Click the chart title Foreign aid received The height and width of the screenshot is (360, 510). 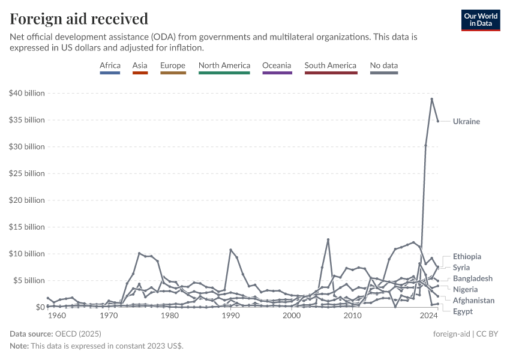tap(79, 19)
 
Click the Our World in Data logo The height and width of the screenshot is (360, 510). tap(480, 20)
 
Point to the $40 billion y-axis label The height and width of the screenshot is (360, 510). tap(27, 93)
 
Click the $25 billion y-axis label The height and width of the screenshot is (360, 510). tap(27, 173)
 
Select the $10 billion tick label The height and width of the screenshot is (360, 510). tap(27, 254)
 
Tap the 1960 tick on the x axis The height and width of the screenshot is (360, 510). tap(57, 316)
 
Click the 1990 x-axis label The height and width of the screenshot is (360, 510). tap(230, 316)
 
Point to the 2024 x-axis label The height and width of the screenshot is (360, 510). tap(428, 316)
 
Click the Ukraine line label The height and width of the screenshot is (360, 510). tap(466, 122)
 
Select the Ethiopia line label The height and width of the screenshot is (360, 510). tap(467, 256)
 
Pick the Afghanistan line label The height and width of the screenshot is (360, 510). tap(473, 300)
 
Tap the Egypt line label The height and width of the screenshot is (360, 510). tap(463, 311)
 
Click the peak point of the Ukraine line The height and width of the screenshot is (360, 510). tap(431, 99)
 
